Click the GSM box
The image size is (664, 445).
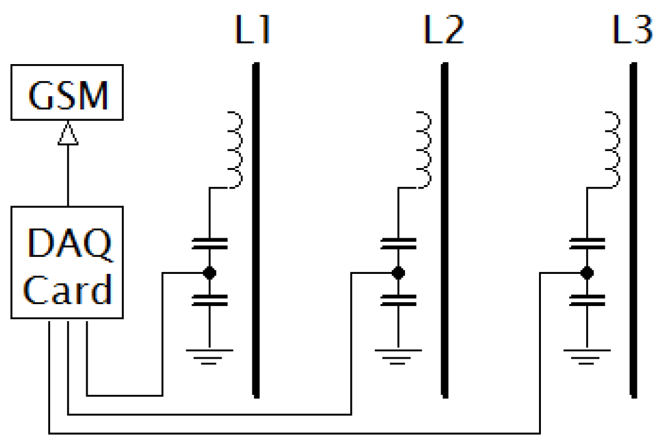point(67,96)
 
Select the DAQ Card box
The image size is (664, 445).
point(67,262)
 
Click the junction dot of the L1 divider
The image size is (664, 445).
point(209,273)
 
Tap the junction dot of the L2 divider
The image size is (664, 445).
point(398,273)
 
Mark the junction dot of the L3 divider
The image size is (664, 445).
point(587,273)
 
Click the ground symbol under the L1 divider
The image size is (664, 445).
point(209,355)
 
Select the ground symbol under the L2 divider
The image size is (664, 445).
point(398,355)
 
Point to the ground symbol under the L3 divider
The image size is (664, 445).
point(587,355)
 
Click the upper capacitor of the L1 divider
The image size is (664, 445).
point(209,244)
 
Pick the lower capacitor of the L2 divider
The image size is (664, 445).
point(398,300)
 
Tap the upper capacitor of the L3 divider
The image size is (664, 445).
point(587,244)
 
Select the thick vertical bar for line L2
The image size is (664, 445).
point(445,230)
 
